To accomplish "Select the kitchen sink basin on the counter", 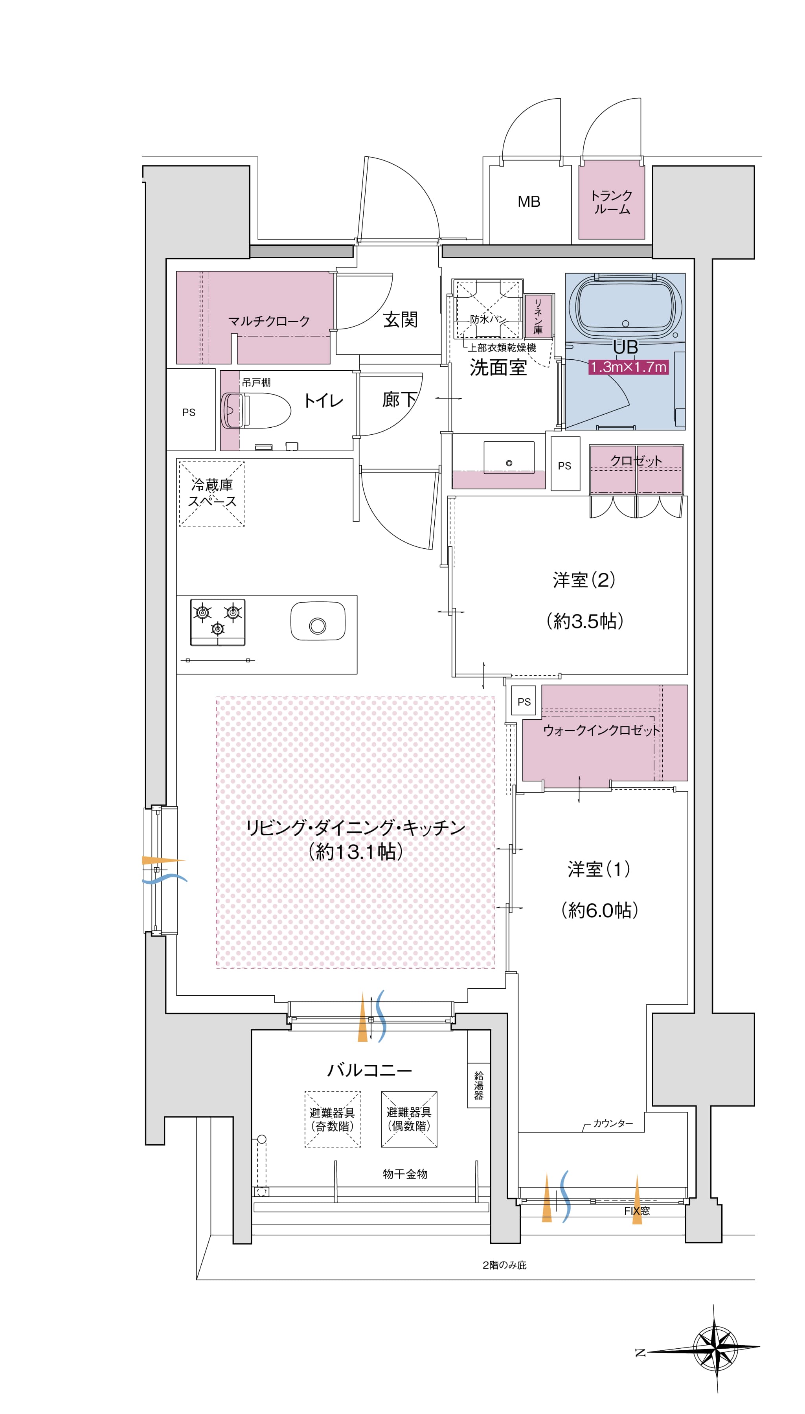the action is click(318, 621).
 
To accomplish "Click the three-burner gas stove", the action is click(218, 622).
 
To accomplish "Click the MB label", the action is click(529, 202).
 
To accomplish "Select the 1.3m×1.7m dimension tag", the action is click(629, 367).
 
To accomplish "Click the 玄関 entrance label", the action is click(400, 320).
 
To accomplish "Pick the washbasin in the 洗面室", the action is click(509, 457).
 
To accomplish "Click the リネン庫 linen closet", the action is click(538, 316).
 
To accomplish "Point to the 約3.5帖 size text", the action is click(585, 621).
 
